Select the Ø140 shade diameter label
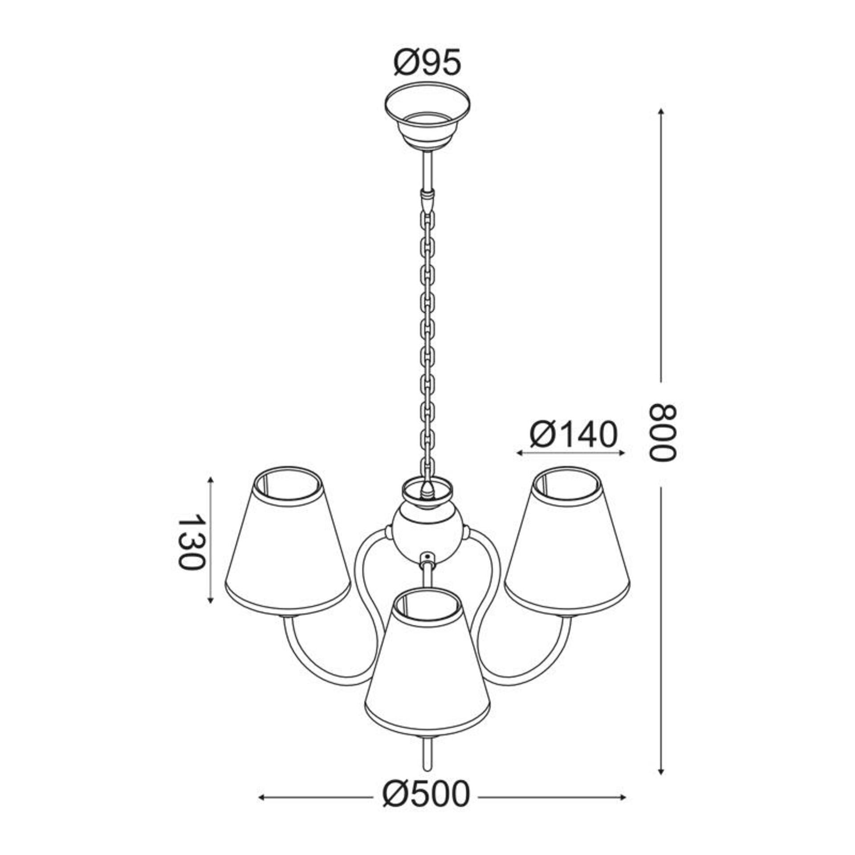pyautogui.click(x=574, y=434)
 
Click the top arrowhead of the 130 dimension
pyautogui.click(x=211, y=480)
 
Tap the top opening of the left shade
pyautogui.click(x=287, y=483)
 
